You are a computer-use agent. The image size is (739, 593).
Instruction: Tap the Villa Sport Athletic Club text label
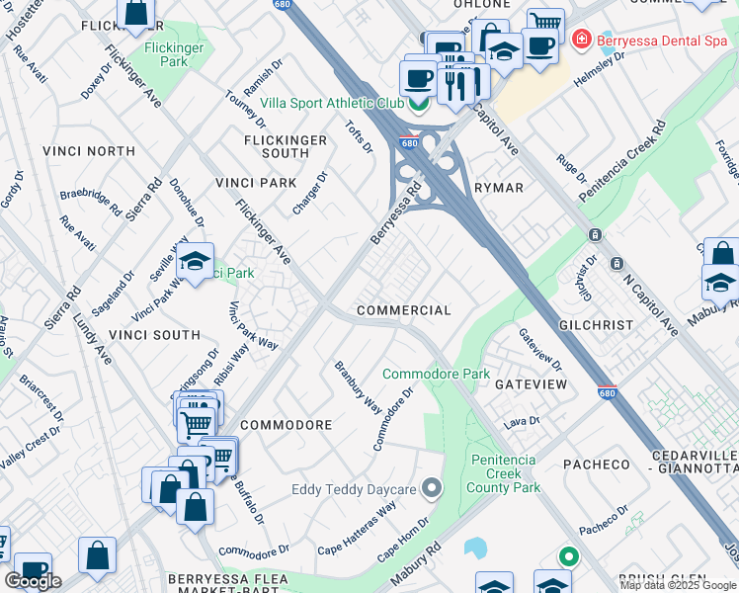point(331,103)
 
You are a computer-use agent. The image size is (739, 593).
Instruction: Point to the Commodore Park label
point(436,375)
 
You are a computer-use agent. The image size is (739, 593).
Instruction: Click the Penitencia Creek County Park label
point(504,473)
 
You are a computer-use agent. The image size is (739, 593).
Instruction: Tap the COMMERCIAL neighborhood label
point(403,310)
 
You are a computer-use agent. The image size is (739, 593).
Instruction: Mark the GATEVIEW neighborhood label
point(531,383)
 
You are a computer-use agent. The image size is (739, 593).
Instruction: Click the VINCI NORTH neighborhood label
point(89,151)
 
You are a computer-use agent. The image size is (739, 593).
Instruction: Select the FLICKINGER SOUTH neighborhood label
point(286,146)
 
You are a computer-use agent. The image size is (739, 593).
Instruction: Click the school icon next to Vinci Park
point(195,263)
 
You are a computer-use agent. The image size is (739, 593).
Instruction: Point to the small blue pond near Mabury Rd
point(475,547)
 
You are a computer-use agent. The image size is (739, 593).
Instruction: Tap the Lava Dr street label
point(522,422)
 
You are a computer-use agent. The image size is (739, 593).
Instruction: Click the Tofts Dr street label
point(360,135)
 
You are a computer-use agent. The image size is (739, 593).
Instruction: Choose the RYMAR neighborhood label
point(498,187)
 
